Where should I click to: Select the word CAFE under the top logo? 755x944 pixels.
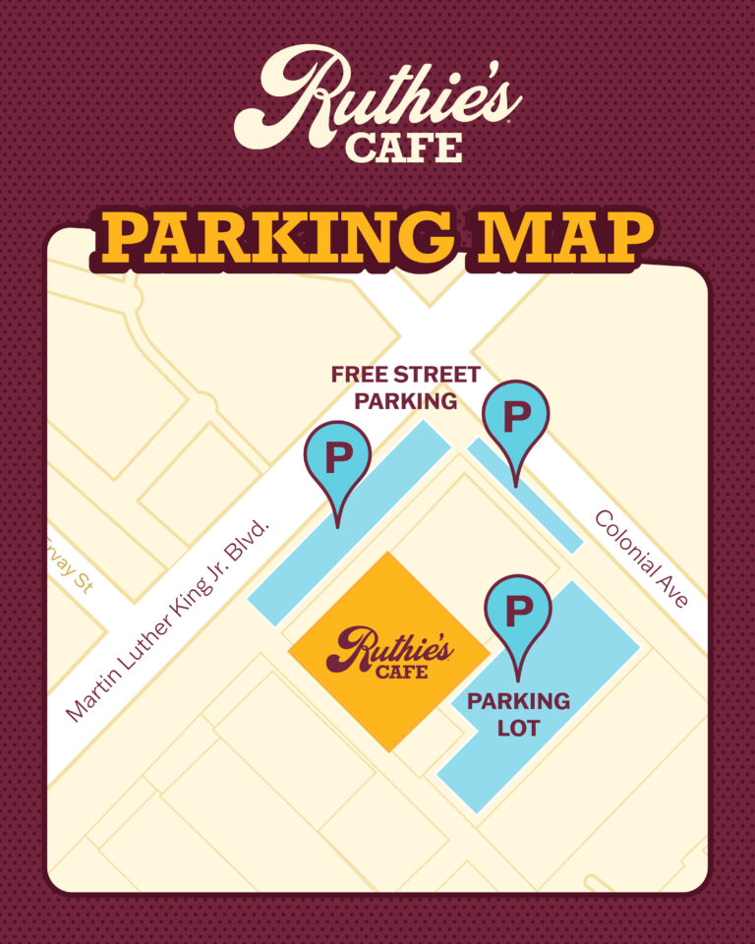tap(403, 148)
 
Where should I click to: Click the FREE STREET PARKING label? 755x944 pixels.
tap(405, 387)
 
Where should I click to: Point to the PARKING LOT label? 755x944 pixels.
tap(518, 715)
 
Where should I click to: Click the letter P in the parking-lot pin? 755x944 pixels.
tap(518, 612)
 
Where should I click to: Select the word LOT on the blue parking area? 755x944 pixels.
tap(518, 729)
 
